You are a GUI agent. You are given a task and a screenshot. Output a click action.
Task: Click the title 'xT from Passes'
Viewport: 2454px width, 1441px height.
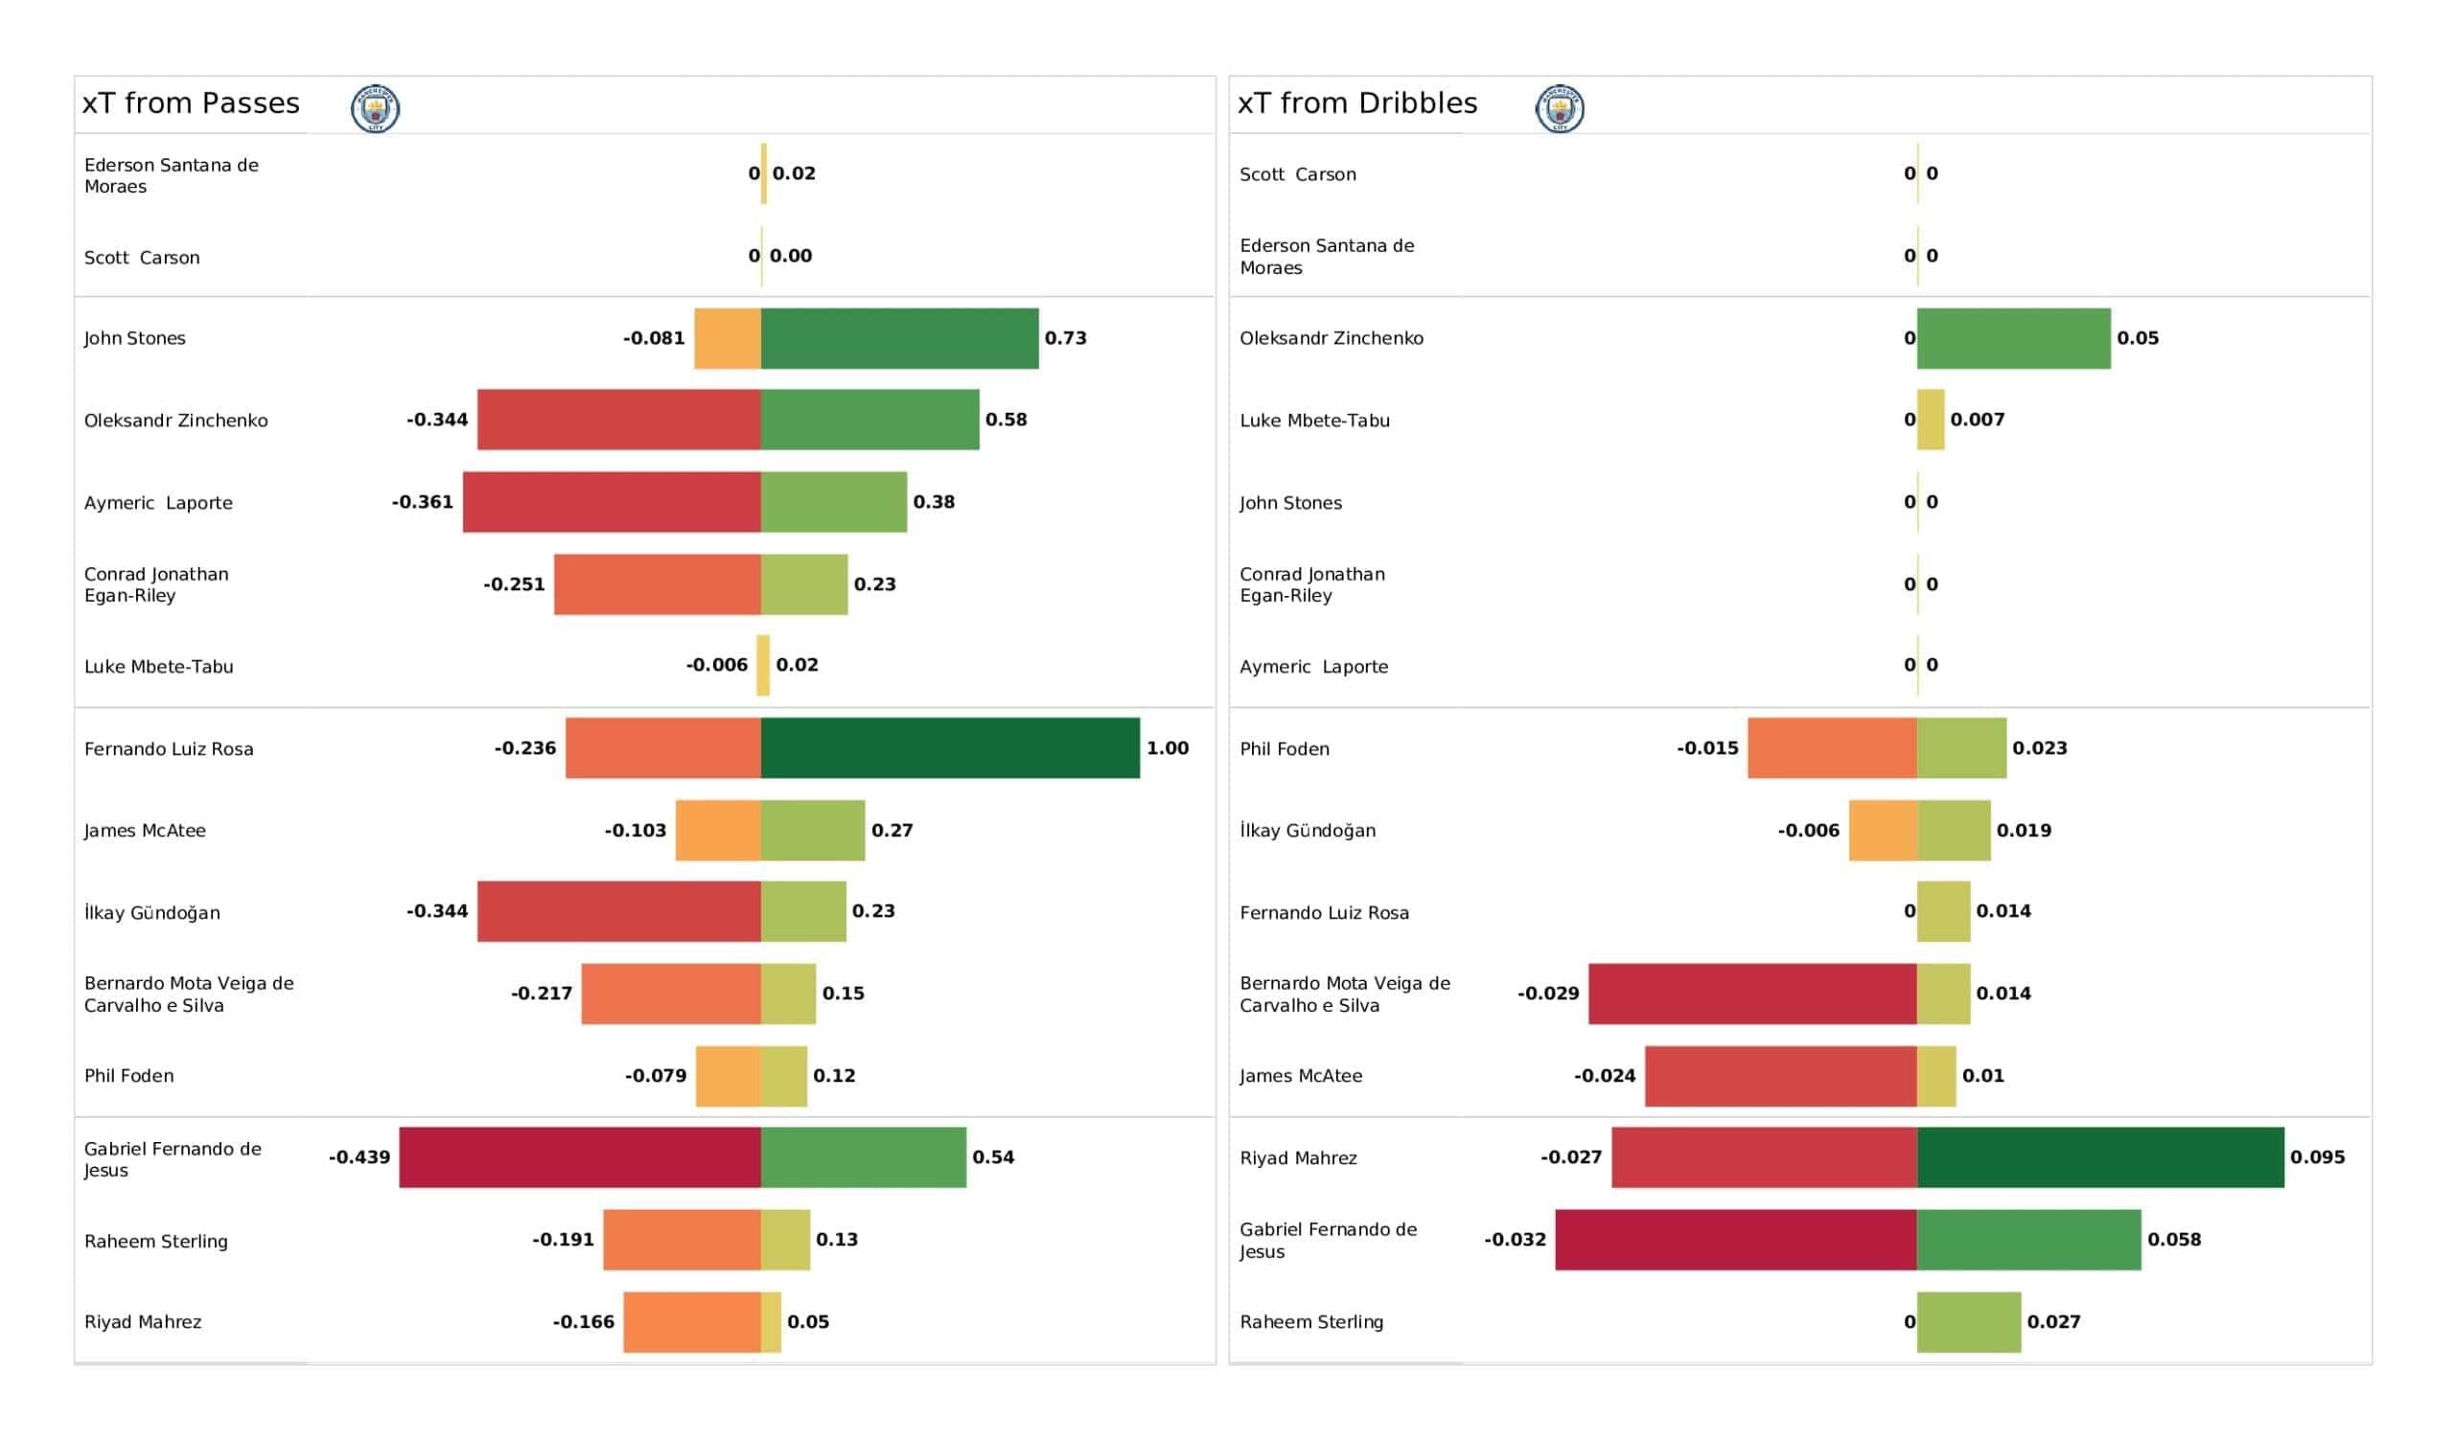[191, 103]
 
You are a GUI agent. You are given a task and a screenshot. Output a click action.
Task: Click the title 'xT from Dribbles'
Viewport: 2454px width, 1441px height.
[1356, 103]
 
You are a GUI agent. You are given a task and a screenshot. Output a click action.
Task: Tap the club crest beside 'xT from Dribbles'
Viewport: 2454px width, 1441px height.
[1559, 108]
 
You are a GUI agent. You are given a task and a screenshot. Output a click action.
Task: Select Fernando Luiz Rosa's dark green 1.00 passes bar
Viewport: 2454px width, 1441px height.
[949, 747]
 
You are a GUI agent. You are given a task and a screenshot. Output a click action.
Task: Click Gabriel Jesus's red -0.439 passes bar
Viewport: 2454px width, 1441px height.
[579, 1156]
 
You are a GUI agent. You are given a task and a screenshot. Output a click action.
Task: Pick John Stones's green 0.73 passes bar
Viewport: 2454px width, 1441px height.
[900, 338]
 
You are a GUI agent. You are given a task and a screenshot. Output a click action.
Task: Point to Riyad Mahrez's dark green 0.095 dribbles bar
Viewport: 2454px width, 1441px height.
[2100, 1156]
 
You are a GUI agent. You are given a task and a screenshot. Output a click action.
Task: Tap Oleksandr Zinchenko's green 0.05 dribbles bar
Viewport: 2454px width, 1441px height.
[2014, 338]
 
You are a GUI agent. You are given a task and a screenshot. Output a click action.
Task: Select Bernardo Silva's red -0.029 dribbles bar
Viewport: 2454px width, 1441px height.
[1753, 994]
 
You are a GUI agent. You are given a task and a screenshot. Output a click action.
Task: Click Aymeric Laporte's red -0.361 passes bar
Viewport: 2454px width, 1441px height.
[612, 501]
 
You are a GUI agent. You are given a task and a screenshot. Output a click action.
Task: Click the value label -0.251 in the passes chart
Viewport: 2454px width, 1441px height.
[514, 584]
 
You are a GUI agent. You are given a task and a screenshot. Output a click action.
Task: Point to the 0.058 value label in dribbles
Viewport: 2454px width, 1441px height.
[2173, 1240]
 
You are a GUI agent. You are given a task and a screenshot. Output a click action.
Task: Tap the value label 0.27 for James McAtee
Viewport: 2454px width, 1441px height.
[892, 831]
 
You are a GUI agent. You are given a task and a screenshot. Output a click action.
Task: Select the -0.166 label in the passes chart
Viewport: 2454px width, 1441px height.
[584, 1321]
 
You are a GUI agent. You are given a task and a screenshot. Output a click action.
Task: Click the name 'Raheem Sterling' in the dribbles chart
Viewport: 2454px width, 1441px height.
[1310, 1321]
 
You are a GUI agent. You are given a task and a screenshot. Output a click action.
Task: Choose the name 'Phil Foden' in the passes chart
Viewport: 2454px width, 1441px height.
[128, 1075]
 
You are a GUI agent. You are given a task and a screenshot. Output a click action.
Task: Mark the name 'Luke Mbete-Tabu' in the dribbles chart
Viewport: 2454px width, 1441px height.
[1314, 420]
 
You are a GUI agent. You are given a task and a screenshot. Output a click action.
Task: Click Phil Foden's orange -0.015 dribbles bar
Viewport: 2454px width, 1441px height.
[1833, 747]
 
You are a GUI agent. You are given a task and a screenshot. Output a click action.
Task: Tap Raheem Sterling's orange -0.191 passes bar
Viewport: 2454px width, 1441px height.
[682, 1240]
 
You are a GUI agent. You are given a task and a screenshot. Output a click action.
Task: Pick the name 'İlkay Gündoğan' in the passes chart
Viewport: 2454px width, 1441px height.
[151, 911]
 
